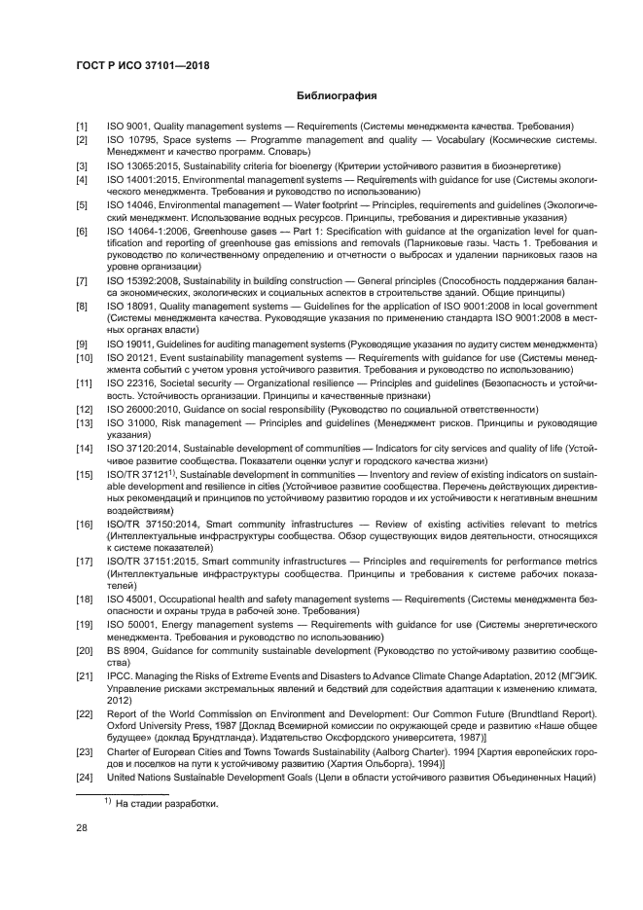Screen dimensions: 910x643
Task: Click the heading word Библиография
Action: click(336, 96)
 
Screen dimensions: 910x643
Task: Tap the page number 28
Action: click(82, 828)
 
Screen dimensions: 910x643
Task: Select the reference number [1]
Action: click(83, 127)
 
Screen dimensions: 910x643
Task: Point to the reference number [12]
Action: click(85, 410)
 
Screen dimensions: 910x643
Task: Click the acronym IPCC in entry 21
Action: click(119, 674)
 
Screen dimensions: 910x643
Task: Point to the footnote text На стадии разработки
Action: click(168, 804)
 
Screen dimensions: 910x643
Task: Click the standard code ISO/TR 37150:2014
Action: click(149, 524)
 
